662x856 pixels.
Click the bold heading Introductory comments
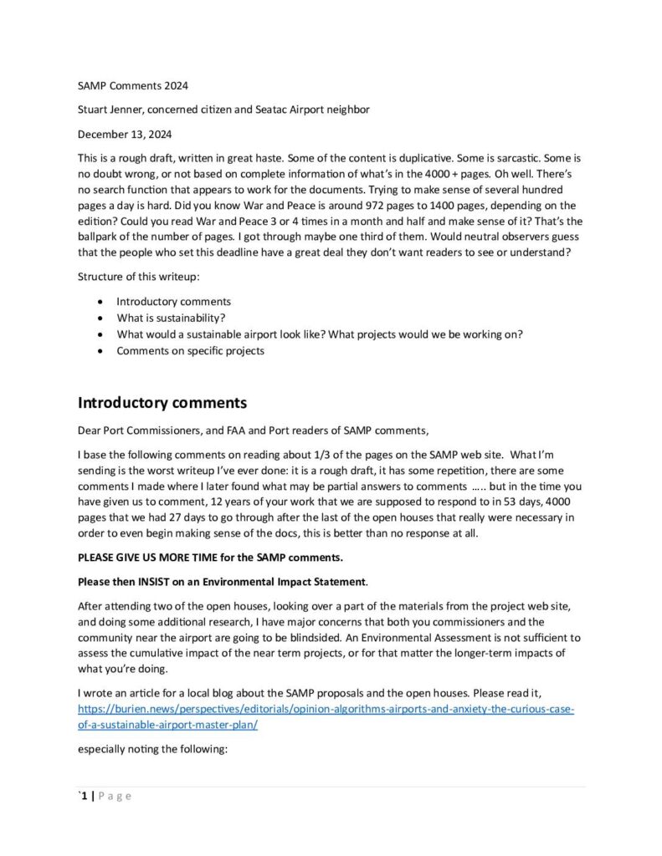pyautogui.click(x=162, y=403)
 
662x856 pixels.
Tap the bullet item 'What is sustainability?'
pyautogui.click(x=171, y=318)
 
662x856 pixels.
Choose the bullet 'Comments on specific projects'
pyautogui.click(x=190, y=350)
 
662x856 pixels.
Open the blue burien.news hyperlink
pyautogui.click(x=326, y=710)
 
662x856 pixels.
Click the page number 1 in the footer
pyautogui.click(x=83, y=796)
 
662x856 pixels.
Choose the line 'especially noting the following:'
pyautogui.click(x=152, y=750)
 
